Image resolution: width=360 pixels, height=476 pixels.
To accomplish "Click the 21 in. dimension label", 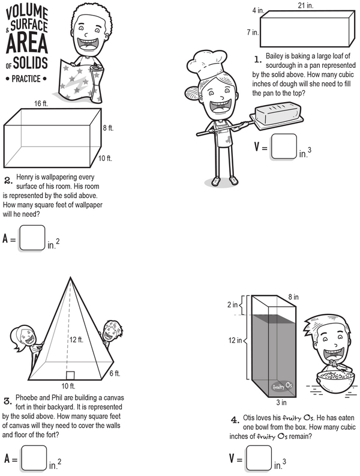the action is pyautogui.click(x=305, y=5).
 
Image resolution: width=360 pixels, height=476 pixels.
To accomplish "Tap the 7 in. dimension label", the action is pyautogui.click(x=253, y=32).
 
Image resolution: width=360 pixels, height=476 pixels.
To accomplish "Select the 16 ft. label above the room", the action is pyautogui.click(x=41, y=103).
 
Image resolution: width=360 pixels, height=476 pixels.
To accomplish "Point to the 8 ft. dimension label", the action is pyautogui.click(x=108, y=128).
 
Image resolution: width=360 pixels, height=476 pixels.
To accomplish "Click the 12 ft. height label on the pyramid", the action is pyautogui.click(x=76, y=340).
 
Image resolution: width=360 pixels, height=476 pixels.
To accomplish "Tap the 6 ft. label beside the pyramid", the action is pyautogui.click(x=115, y=373).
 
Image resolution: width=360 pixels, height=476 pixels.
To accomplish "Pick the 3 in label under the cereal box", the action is pyautogui.click(x=281, y=403).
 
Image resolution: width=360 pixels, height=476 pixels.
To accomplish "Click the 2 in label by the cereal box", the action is pyautogui.click(x=233, y=304).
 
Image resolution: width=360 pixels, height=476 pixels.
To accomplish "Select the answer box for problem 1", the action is pyautogui.click(x=284, y=146).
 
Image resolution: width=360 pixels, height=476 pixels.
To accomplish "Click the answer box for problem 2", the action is pyautogui.click(x=32, y=238).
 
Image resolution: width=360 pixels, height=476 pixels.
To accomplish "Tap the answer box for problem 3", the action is pyautogui.click(x=34, y=458).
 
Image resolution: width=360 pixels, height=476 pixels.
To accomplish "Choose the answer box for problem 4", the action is pyautogui.click(x=259, y=458).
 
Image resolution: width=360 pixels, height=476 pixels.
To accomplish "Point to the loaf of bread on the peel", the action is pyautogui.click(x=278, y=114).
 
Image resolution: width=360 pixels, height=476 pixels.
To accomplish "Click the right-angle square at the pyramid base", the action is pyautogui.click(x=70, y=375).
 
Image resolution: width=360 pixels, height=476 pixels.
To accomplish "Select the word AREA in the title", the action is pyautogui.click(x=27, y=43).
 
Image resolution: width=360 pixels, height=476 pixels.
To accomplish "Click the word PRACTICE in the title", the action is pyautogui.click(x=26, y=79).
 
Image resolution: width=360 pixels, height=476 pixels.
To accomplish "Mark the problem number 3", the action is pyautogui.click(x=8, y=402).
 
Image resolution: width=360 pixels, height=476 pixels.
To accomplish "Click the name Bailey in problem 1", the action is pyautogui.click(x=274, y=56).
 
